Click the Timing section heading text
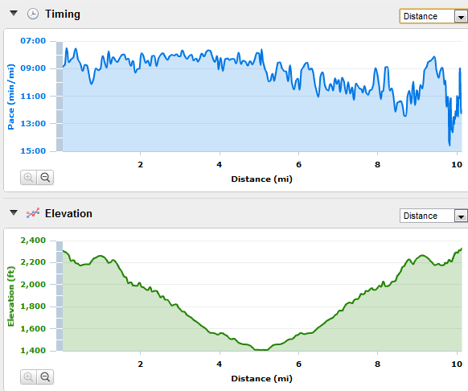[63, 14]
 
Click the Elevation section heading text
[68, 213]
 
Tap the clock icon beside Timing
[33, 14]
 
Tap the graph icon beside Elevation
[33, 213]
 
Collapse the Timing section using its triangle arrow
[14, 13]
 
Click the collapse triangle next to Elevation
[14, 212]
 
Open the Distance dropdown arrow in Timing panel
[461, 16]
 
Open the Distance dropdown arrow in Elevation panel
[461, 216]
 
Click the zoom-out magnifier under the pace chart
[45, 178]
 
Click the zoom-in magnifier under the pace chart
[29, 178]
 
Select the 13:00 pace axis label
[33, 123]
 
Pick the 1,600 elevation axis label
[33, 328]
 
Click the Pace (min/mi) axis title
[11, 97]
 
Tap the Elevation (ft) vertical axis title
[11, 296]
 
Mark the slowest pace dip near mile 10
[450, 145]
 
